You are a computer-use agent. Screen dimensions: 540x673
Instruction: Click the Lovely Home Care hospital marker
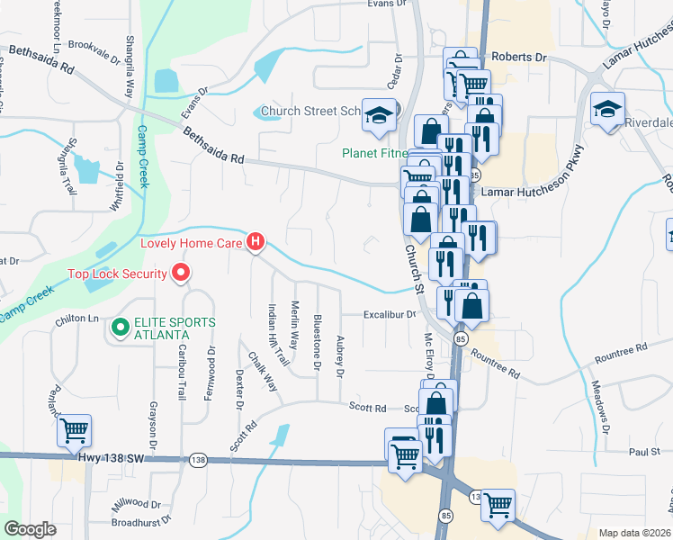click(256, 241)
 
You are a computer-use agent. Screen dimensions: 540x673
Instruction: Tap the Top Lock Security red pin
click(181, 273)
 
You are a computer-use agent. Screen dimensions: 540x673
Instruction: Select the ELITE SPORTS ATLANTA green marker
click(119, 329)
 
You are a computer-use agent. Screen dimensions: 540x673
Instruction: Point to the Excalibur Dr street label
click(390, 315)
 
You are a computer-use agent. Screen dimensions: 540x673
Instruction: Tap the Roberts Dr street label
click(525, 57)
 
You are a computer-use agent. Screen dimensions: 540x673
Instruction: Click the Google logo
click(30, 529)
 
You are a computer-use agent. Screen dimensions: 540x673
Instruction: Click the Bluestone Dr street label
click(317, 342)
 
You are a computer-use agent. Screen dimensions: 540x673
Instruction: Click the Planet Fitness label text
click(375, 152)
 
